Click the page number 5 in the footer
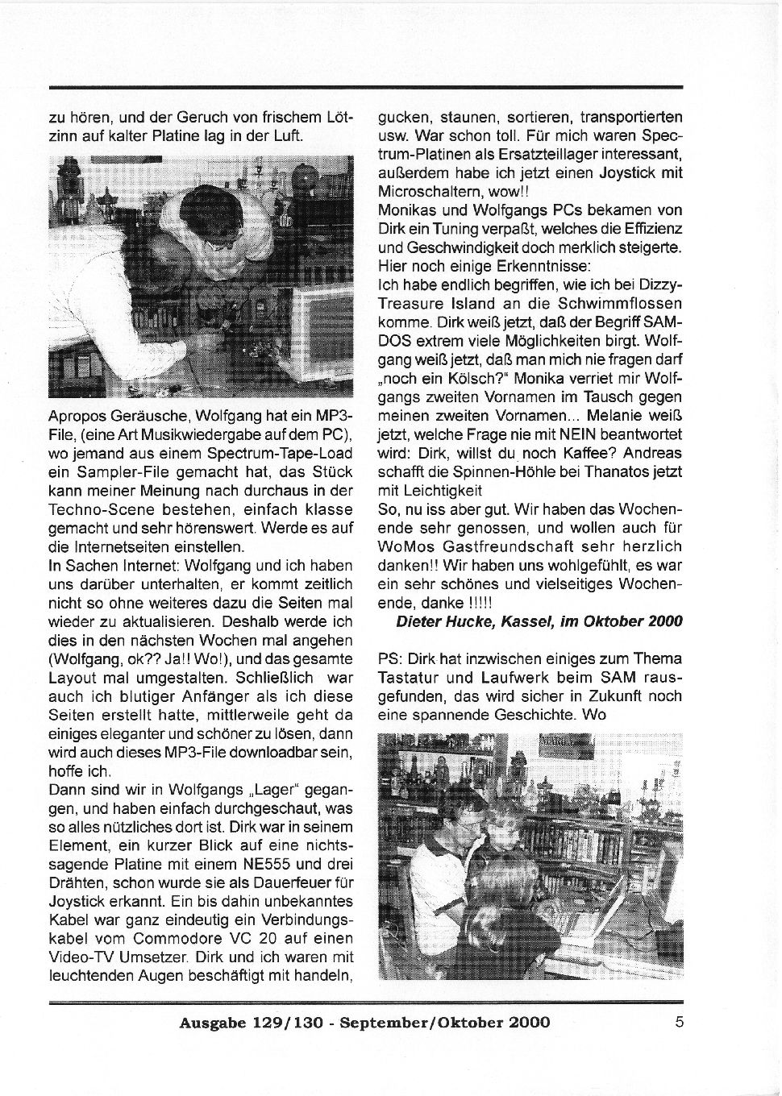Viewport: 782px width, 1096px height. pos(679,1023)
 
